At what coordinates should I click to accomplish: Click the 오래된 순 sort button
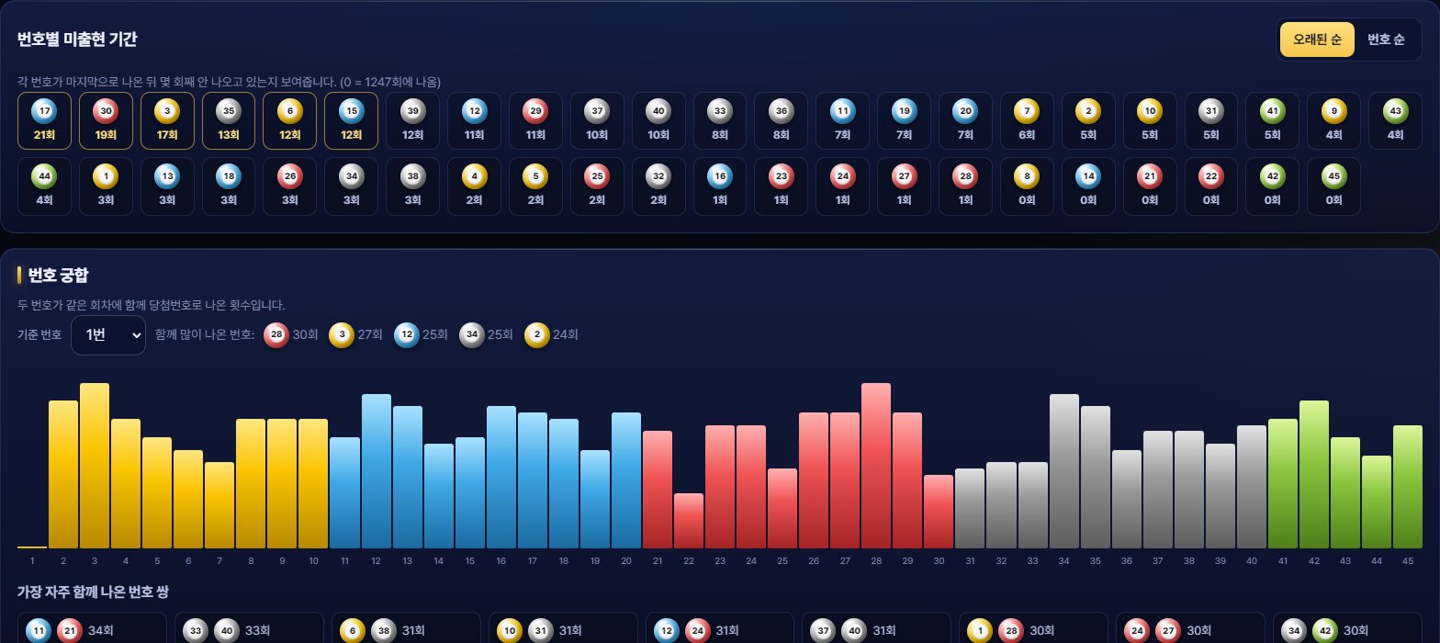pos(1317,39)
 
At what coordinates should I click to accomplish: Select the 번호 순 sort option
pos(1385,39)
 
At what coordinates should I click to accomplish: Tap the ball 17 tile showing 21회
pos(44,121)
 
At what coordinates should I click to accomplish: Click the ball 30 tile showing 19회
pos(107,121)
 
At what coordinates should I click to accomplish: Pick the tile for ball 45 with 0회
pos(1333,186)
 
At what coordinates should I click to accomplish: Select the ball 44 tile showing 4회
pos(44,186)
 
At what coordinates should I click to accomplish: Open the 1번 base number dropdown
pos(108,335)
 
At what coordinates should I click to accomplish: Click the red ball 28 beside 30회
pos(276,334)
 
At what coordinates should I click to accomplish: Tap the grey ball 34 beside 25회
pos(472,334)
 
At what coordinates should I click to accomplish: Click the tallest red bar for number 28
pos(875,466)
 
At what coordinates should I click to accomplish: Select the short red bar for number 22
pos(689,521)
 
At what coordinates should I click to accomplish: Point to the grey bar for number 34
pos(1063,471)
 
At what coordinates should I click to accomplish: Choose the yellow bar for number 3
pos(95,466)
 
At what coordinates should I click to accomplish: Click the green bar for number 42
pos(1314,475)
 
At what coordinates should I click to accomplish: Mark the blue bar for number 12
pos(377,471)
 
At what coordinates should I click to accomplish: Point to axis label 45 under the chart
pos(1408,560)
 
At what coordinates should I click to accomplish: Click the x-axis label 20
pos(626,560)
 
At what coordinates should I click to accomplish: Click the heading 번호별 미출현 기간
pos(77,39)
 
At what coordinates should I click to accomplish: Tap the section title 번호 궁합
pos(59,276)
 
